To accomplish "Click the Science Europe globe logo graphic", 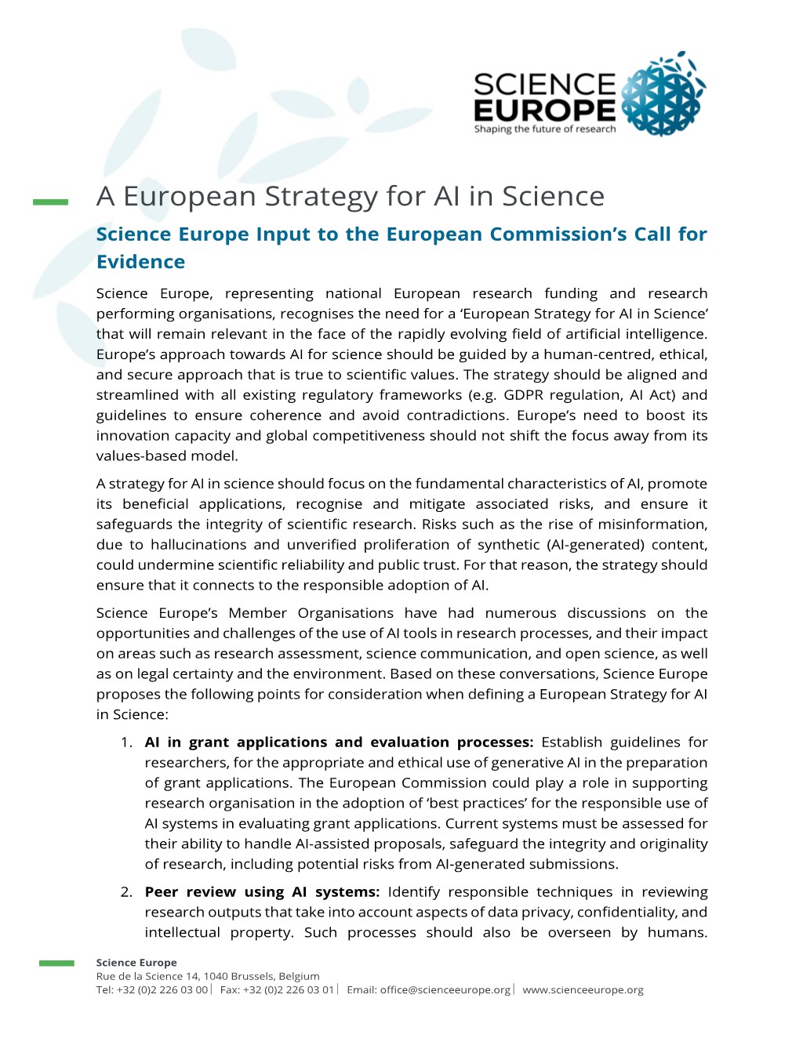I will coord(663,95).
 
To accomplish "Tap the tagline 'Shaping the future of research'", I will coord(544,129).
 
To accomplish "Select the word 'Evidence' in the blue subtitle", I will coord(141,262).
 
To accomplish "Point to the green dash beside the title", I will coord(51,202).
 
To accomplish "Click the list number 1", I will coord(127,742).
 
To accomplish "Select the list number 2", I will coord(127,892).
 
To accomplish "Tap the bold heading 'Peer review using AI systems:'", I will coord(262,892).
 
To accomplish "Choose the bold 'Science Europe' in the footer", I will coord(136,963).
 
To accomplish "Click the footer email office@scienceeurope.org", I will coord(445,990).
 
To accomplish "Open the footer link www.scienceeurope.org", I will coord(583,990).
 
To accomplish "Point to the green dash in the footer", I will coord(57,964).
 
